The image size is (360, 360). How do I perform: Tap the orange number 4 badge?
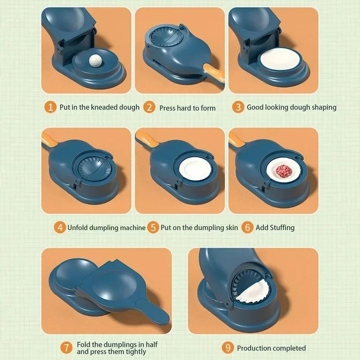(x=59, y=227)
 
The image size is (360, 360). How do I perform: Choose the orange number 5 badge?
(x=153, y=227)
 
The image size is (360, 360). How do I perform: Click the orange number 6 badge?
(x=247, y=227)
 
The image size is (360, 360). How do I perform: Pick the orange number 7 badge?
(x=66, y=347)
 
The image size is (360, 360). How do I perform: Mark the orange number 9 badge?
(x=228, y=347)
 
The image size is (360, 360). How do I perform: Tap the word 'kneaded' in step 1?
(x=102, y=108)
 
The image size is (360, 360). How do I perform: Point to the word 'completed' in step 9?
(x=288, y=348)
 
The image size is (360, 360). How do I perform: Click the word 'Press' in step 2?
(x=169, y=108)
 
